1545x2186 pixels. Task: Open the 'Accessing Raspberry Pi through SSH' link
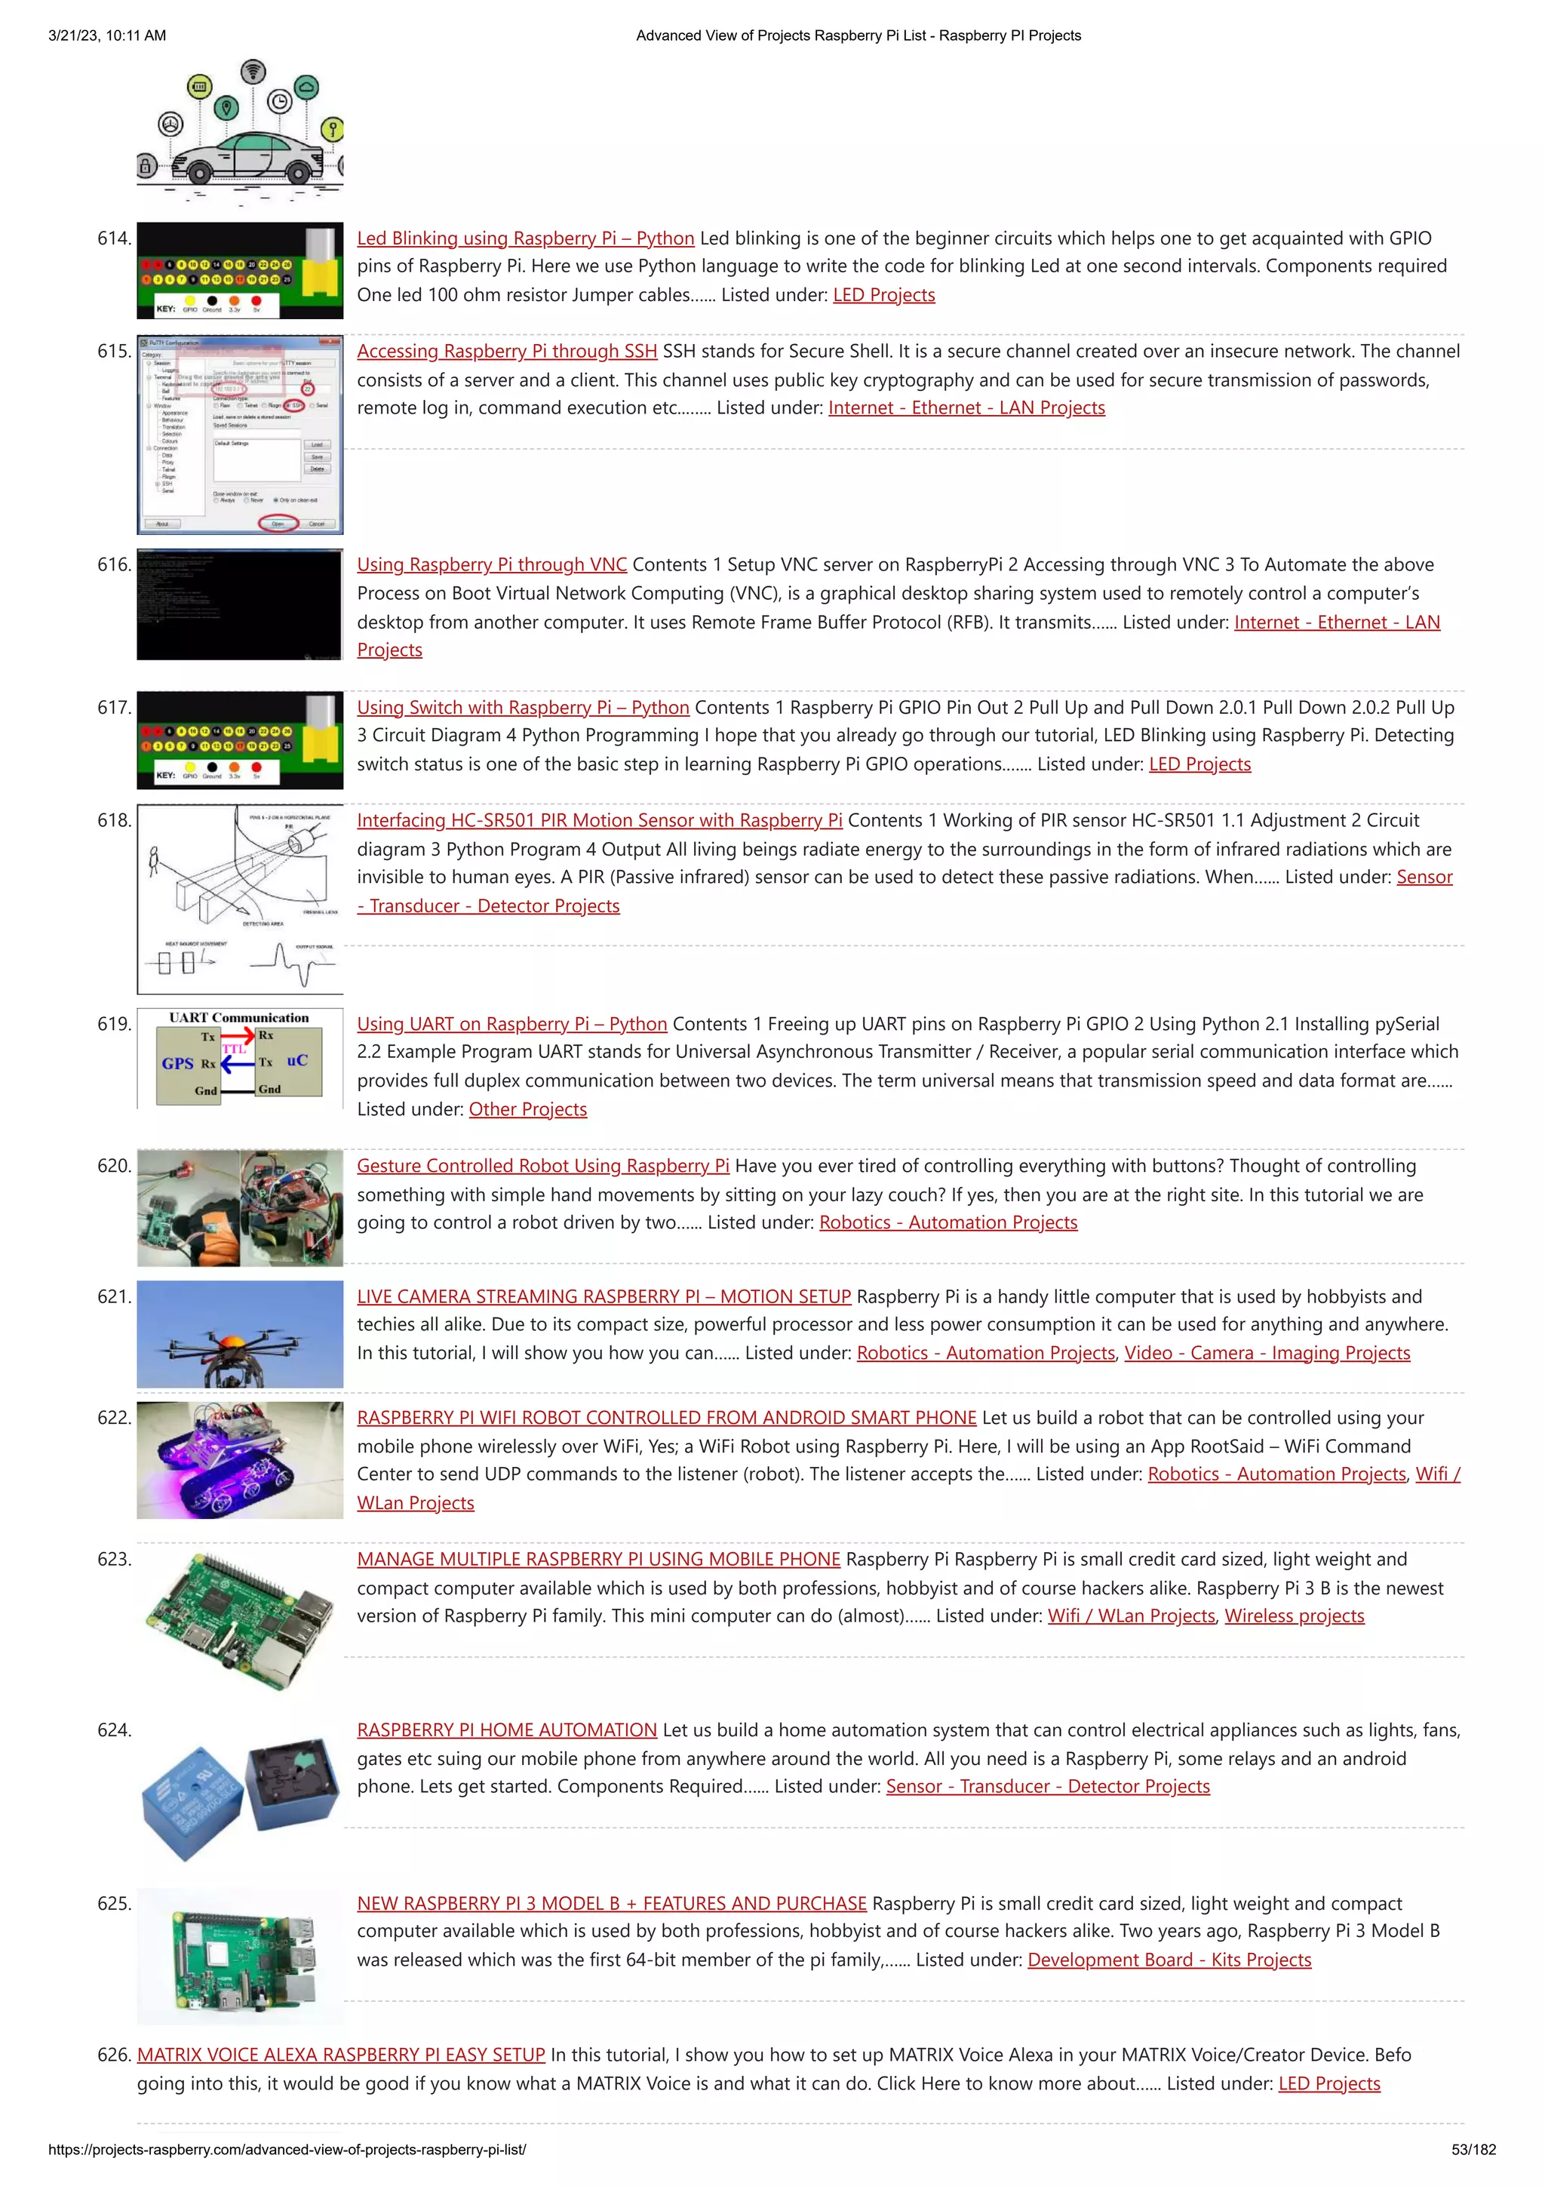506,352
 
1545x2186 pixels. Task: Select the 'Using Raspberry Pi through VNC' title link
491,564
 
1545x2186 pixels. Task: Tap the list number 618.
114,821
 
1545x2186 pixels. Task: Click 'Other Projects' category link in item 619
527,1109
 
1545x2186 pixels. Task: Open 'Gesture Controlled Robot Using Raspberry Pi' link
542,1167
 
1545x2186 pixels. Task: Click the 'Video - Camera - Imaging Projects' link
1267,1353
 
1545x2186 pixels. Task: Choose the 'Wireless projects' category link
1294,1616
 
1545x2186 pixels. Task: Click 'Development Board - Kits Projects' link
1169,1960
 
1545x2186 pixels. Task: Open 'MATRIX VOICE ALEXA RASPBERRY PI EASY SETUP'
341,2055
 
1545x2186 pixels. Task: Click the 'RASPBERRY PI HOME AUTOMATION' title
506,1730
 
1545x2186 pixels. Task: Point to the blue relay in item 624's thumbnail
190,1800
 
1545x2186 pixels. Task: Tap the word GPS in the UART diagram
177,1063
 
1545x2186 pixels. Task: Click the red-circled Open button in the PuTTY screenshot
278,524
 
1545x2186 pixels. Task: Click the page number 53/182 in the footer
1473,2150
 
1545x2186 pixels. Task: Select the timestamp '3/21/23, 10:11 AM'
106,35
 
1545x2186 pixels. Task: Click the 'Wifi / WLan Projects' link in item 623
1131,1616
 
